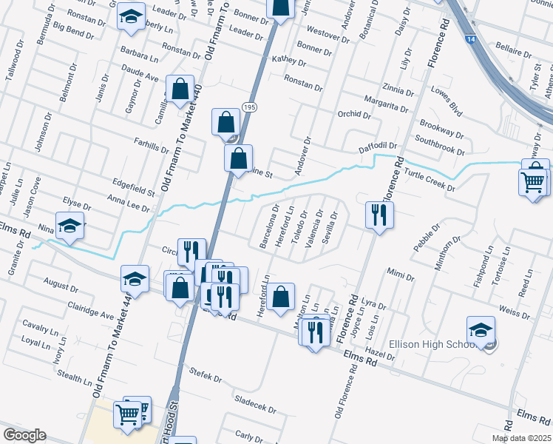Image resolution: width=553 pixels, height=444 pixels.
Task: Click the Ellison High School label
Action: [x=441, y=344]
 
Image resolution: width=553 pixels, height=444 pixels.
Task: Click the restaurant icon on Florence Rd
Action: [x=379, y=216]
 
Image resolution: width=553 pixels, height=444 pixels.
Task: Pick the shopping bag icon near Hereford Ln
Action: [x=280, y=297]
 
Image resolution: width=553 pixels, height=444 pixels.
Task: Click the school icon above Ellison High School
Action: [x=481, y=331]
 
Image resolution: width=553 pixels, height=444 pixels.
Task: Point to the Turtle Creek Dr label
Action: [x=430, y=180]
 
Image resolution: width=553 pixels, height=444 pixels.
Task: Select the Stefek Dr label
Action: [x=206, y=377]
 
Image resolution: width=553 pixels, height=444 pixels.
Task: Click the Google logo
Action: [x=24, y=435]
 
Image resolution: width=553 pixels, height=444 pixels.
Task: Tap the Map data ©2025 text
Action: [x=520, y=437]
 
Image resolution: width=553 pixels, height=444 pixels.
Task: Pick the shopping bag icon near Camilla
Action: [x=180, y=90]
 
